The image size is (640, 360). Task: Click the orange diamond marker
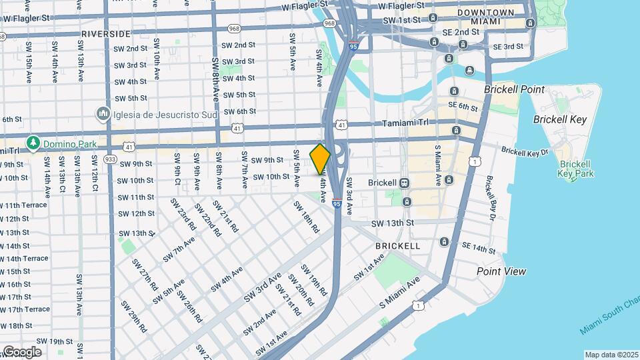click(x=320, y=159)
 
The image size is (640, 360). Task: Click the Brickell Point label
click(x=514, y=89)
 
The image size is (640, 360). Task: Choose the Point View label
click(x=501, y=271)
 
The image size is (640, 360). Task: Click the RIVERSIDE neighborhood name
click(x=105, y=33)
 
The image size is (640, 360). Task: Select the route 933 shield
click(x=111, y=159)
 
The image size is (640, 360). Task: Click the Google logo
click(x=21, y=351)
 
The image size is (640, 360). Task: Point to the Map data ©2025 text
click(x=611, y=355)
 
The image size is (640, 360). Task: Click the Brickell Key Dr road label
click(x=524, y=151)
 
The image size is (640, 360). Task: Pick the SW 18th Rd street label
click(x=307, y=216)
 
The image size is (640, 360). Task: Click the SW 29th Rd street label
click(x=133, y=316)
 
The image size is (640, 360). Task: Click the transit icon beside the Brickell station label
click(x=404, y=183)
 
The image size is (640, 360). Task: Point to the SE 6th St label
click(x=463, y=107)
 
